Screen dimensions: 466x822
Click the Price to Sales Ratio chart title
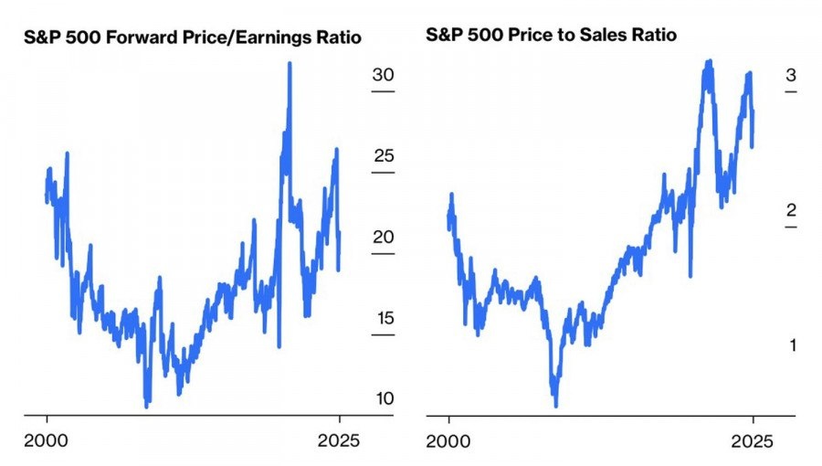coord(552,36)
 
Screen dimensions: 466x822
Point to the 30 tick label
coord(383,75)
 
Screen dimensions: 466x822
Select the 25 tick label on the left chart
coord(382,156)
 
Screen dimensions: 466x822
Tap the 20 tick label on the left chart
coord(382,238)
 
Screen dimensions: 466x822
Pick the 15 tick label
coord(382,319)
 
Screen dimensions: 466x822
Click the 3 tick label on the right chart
coord(790,75)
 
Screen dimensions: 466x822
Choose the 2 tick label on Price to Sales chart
coord(790,210)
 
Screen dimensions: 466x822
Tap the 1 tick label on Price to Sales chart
coord(791,345)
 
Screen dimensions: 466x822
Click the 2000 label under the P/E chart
coord(47,440)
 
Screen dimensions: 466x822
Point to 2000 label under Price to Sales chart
coord(448,440)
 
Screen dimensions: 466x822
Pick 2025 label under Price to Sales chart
coord(753,440)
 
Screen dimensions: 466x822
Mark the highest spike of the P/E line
coord(290,64)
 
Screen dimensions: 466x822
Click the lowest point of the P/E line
coord(147,404)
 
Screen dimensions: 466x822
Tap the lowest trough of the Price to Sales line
coord(555,404)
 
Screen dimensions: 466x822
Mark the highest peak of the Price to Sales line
coord(708,62)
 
